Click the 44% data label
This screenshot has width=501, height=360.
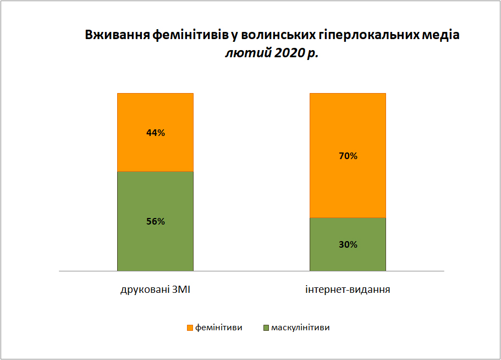(156, 133)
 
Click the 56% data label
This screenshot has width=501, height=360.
(156, 221)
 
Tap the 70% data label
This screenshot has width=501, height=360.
(348, 156)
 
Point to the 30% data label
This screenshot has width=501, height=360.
(348, 244)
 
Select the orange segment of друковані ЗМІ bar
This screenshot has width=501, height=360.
(155, 132)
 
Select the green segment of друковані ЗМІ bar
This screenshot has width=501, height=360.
(155, 221)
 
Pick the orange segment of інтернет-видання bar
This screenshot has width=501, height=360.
(348, 155)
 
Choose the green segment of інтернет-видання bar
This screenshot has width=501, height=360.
(348, 244)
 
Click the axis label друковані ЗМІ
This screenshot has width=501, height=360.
(155, 290)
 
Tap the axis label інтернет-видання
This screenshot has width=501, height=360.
(348, 290)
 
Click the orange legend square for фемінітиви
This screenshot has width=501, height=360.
(190, 328)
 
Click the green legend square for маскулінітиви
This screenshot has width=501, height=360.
(266, 328)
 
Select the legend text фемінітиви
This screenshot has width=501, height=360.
(219, 328)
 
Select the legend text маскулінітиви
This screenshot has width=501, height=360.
(300, 328)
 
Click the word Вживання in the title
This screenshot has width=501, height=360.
(117, 35)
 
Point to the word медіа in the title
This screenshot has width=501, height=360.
(441, 35)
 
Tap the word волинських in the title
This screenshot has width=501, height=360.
(278, 35)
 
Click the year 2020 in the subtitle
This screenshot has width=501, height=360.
(289, 53)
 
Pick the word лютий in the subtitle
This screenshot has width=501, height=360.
(248, 53)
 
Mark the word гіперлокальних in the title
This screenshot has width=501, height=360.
(369, 35)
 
